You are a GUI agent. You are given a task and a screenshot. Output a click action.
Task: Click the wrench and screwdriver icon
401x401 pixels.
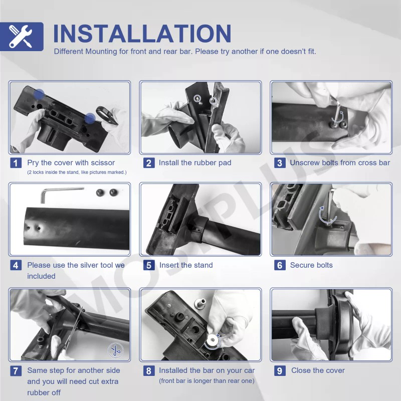tap(21, 36)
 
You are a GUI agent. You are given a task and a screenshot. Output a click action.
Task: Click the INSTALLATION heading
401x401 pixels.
tap(142, 34)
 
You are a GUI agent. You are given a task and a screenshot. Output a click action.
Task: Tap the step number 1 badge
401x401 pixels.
tap(16, 163)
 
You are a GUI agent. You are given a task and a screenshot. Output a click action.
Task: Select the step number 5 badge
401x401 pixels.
tap(149, 265)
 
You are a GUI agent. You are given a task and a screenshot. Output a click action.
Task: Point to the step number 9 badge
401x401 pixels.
tap(280, 370)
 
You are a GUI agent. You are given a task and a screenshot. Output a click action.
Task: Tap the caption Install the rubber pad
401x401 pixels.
tap(195, 162)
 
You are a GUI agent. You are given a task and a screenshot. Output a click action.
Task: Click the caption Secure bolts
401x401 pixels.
tap(311, 265)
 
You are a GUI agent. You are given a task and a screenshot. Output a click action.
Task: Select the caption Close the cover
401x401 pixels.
tap(318, 370)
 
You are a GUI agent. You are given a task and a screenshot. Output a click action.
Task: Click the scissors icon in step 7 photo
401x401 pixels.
tap(116, 350)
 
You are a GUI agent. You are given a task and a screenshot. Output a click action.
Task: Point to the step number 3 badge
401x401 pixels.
tap(280, 163)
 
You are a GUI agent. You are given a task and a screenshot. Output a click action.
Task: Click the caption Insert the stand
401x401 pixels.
tap(186, 265)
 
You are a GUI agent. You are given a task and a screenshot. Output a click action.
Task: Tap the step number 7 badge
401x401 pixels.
tap(16, 370)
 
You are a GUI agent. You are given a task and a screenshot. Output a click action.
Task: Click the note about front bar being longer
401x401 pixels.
tap(207, 381)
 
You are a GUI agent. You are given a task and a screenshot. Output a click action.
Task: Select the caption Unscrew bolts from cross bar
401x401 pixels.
tap(340, 162)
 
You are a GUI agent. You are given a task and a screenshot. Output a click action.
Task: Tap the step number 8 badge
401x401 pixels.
tap(149, 370)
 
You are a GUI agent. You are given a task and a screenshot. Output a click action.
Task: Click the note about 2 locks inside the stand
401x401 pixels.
tap(77, 172)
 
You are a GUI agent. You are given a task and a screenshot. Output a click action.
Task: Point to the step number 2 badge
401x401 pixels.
tap(149, 163)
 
